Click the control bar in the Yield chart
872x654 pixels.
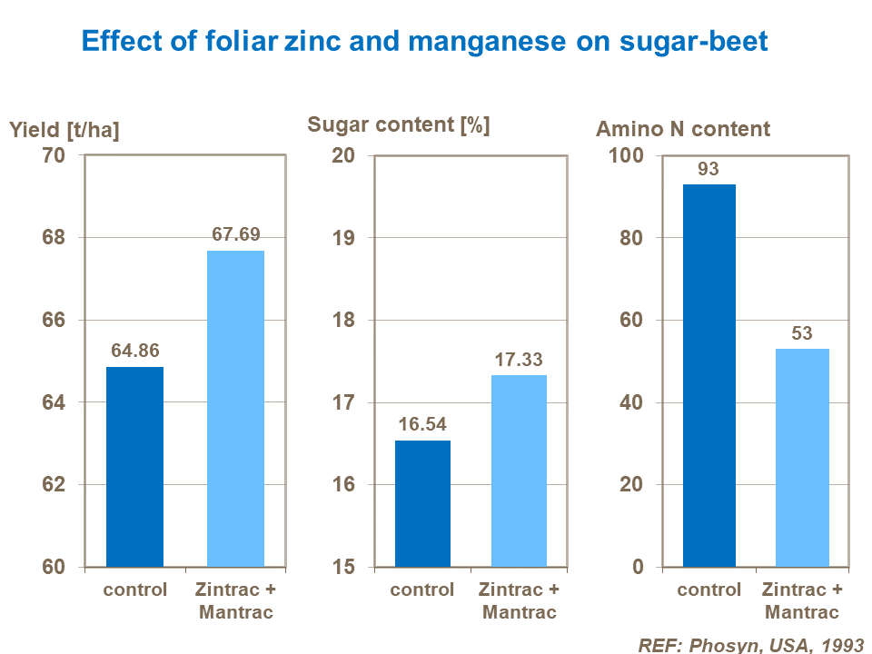click(134, 467)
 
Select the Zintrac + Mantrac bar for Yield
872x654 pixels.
click(235, 409)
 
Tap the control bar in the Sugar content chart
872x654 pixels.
click(422, 503)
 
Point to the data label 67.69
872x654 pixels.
click(236, 233)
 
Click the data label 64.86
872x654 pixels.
click(136, 350)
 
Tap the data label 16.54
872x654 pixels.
click(423, 423)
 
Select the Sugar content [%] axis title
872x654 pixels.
click(399, 125)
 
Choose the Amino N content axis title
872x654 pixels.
click(682, 129)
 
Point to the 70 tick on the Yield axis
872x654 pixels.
click(54, 155)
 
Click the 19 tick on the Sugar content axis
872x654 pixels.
click(342, 238)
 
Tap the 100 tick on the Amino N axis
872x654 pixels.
click(625, 155)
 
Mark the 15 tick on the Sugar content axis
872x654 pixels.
click(342, 567)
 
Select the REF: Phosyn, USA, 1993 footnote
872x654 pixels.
click(750, 644)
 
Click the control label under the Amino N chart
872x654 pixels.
click(708, 590)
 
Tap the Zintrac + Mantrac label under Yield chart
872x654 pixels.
click(235, 600)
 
